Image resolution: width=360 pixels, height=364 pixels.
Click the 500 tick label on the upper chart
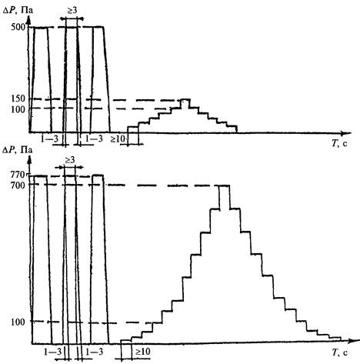point(18,27)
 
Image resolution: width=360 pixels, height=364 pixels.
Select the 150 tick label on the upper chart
point(18,99)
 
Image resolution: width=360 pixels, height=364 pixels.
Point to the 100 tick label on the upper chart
point(18,109)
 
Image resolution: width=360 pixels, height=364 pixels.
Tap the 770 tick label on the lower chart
point(18,175)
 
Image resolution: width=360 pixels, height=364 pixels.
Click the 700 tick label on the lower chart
point(18,185)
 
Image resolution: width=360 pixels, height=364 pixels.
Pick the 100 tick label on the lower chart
point(18,322)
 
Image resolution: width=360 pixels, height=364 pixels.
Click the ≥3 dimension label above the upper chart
point(72,11)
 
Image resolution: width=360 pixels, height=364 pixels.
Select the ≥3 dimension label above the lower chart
point(69,160)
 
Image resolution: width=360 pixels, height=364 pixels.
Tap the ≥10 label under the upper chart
point(118,139)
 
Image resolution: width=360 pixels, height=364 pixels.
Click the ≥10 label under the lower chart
point(143,352)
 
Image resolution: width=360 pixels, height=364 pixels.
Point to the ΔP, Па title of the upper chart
point(18,11)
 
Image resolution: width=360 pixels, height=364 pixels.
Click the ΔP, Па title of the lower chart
point(17,150)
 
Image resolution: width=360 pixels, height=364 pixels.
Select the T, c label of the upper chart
point(339,143)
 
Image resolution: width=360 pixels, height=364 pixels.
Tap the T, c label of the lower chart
point(340,352)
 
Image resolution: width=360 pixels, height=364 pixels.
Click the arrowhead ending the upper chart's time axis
point(348,133)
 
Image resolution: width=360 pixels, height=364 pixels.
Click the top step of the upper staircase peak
point(185,99)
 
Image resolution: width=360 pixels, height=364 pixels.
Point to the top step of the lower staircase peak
point(225,185)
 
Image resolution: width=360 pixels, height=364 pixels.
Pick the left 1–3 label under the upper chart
point(49,139)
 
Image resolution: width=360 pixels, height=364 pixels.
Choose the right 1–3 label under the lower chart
point(95,352)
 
